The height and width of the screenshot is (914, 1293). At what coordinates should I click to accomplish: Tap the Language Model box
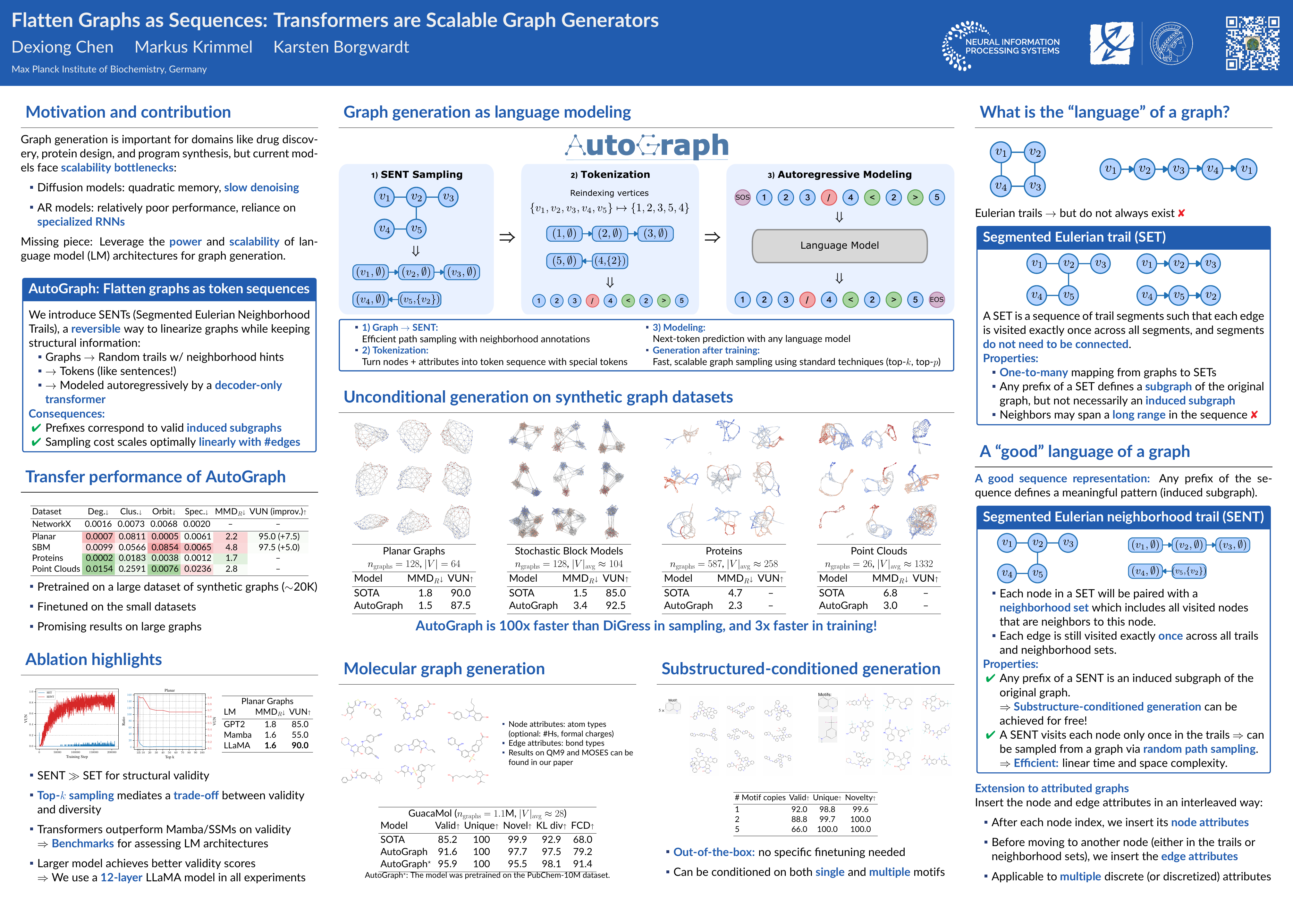click(839, 246)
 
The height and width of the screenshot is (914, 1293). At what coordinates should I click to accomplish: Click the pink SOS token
click(742, 197)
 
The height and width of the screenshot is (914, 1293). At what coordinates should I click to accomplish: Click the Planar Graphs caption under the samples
click(413, 551)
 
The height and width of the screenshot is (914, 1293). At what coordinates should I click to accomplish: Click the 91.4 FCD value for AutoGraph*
click(582, 864)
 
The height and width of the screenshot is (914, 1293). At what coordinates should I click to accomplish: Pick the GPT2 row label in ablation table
click(234, 724)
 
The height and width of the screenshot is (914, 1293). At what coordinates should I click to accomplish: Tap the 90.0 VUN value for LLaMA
click(300, 746)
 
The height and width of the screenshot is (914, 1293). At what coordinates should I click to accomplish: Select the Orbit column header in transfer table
click(163, 511)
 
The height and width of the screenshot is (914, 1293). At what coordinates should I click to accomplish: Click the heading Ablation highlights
click(94, 660)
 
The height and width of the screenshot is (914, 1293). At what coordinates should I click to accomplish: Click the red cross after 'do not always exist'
click(1181, 213)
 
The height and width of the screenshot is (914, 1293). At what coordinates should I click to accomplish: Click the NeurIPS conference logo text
click(1012, 46)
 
